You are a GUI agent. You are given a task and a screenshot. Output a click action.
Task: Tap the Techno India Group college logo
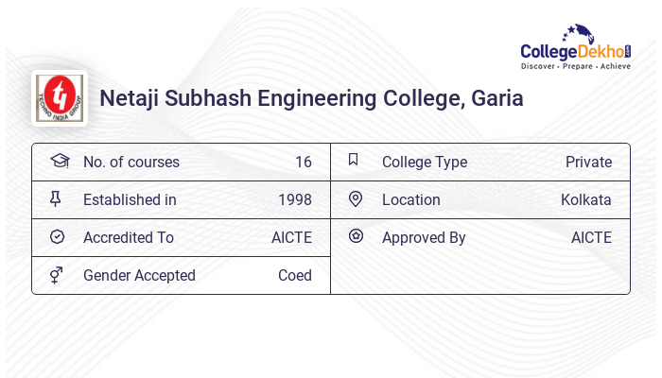point(60,97)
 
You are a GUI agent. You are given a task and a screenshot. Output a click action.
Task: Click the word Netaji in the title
point(131,98)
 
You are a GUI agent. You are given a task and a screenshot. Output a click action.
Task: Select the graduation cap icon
point(59,162)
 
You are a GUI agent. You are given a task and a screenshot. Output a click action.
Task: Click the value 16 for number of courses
point(303,163)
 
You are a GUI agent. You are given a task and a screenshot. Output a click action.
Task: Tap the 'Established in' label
point(130,200)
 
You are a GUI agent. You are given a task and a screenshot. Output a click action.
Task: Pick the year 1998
point(294,200)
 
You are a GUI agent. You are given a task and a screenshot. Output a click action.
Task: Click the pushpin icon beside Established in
point(58,199)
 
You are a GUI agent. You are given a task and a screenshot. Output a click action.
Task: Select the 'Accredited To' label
point(129,238)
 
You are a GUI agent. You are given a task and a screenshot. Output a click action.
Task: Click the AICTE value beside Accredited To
point(291,238)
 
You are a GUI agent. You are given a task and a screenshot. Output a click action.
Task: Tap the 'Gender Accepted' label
point(139,276)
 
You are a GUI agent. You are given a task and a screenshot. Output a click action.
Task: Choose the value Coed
point(294,276)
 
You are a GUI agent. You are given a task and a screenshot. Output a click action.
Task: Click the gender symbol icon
point(58,275)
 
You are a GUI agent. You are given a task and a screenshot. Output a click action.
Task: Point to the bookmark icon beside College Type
point(354,161)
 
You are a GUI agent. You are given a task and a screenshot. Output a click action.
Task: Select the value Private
point(588,163)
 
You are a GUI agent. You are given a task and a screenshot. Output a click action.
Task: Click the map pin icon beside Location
point(355,199)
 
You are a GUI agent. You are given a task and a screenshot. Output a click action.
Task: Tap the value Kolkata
point(585,200)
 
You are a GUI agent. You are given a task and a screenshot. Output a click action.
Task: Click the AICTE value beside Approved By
point(591,238)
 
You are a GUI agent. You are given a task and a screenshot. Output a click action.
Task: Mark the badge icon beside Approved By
point(355,237)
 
